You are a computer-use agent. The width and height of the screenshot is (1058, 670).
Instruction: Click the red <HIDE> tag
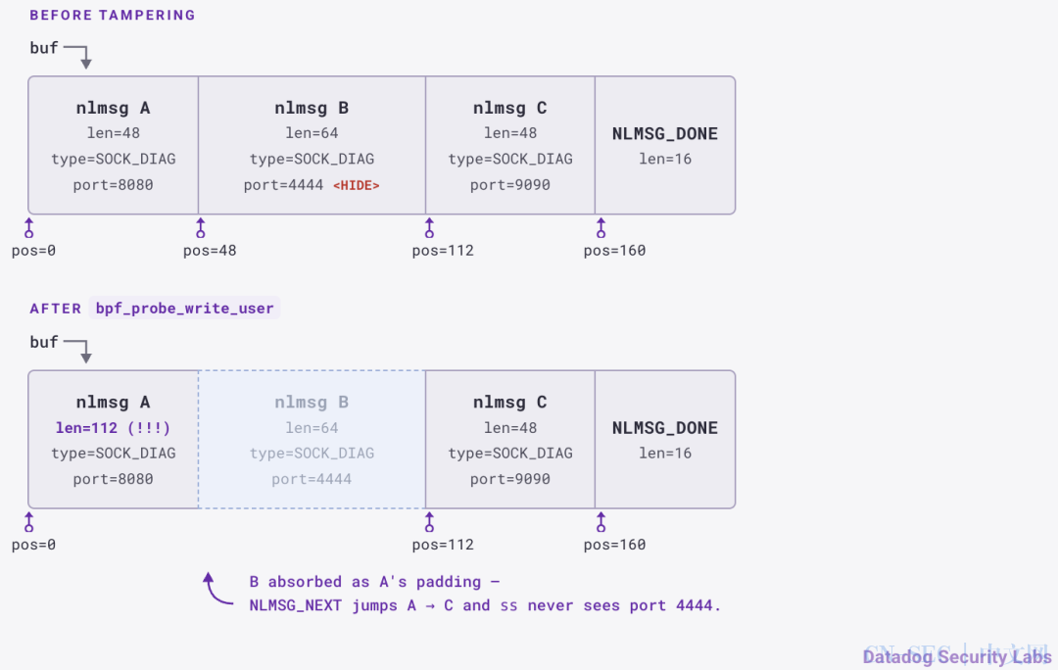point(357,185)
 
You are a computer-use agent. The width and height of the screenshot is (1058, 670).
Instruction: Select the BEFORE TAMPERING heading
point(112,15)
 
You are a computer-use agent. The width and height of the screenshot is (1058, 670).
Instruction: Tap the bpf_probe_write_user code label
point(185,309)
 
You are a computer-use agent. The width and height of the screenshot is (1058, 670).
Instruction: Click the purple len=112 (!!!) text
point(113,428)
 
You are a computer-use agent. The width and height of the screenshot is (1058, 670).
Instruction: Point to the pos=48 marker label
point(210,251)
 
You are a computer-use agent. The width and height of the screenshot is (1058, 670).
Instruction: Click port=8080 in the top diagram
point(113,185)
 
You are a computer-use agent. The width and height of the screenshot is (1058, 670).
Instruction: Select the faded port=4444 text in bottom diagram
point(312,479)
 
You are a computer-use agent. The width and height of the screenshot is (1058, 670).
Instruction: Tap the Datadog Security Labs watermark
point(957,656)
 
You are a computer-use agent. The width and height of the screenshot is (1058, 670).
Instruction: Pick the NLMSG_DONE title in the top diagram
point(664,133)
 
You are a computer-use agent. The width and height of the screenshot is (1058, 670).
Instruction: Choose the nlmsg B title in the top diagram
point(312,108)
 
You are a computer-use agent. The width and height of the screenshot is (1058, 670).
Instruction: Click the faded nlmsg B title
point(312,403)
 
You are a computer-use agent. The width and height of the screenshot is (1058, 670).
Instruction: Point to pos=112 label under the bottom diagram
point(443,546)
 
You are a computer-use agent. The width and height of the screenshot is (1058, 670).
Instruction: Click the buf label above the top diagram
point(44,48)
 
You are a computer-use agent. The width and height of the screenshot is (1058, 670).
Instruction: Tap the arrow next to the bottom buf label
point(79,350)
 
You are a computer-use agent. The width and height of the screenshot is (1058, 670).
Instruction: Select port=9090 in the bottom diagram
point(510,479)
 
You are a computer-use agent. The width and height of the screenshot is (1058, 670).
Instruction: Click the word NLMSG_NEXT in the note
point(296,606)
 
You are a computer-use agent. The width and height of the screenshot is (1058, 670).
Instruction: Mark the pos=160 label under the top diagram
point(614,251)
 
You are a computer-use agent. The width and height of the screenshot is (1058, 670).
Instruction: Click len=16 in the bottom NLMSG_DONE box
point(665,454)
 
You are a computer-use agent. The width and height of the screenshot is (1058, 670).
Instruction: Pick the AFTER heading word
point(55,309)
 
